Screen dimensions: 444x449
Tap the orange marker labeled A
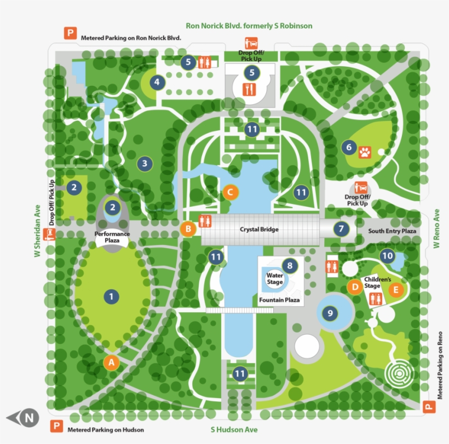click(x=111, y=362)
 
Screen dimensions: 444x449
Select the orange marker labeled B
click(x=188, y=229)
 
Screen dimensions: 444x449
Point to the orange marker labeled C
click(x=231, y=192)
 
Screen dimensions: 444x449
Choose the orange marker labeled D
click(x=355, y=285)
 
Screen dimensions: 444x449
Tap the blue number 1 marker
click(x=111, y=297)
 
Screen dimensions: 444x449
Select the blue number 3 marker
click(x=145, y=163)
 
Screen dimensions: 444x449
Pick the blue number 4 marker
click(x=158, y=83)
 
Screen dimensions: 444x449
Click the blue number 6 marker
click(x=348, y=147)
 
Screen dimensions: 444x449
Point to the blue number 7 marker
click(x=342, y=229)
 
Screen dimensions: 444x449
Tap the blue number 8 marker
click(x=290, y=266)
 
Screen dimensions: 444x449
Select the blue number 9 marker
click(x=329, y=313)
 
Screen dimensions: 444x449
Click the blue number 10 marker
click(x=388, y=255)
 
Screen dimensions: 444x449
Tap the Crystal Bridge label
click(x=260, y=230)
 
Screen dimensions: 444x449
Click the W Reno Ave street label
click(x=437, y=229)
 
